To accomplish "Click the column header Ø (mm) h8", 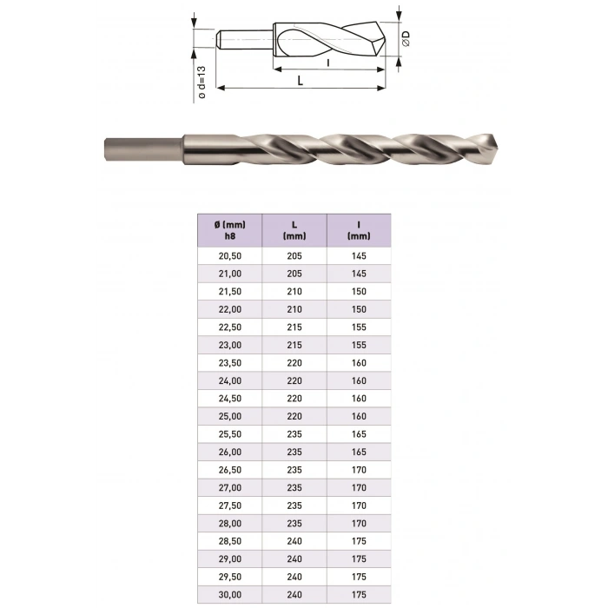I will [228, 229].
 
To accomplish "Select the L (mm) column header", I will [294, 229].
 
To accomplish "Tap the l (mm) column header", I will [358, 229].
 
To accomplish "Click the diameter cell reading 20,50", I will [228, 255].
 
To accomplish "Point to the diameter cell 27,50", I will [228, 505].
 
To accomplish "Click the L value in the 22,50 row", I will [294, 327].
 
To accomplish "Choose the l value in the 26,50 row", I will [358, 469].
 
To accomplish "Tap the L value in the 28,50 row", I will [294, 540].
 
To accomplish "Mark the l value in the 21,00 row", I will [358, 274].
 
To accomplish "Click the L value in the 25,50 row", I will [294, 433].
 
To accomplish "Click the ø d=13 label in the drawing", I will [202, 83].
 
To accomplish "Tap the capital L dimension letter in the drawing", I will [300, 80].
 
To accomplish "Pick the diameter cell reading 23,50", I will [228, 362].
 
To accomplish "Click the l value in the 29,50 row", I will [358, 576].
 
